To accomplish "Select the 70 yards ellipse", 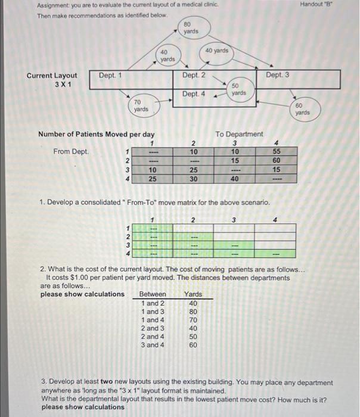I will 141,106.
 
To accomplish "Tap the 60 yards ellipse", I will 303,109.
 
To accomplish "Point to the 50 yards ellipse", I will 238,89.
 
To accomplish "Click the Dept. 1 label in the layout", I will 110,75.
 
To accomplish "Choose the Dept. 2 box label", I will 194,75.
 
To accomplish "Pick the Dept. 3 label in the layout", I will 278,75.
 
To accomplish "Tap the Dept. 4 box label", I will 194,94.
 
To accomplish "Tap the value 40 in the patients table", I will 235,178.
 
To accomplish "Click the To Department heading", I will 239,134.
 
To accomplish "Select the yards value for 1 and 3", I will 193,311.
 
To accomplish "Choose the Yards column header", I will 193,294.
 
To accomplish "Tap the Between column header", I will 153,294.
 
